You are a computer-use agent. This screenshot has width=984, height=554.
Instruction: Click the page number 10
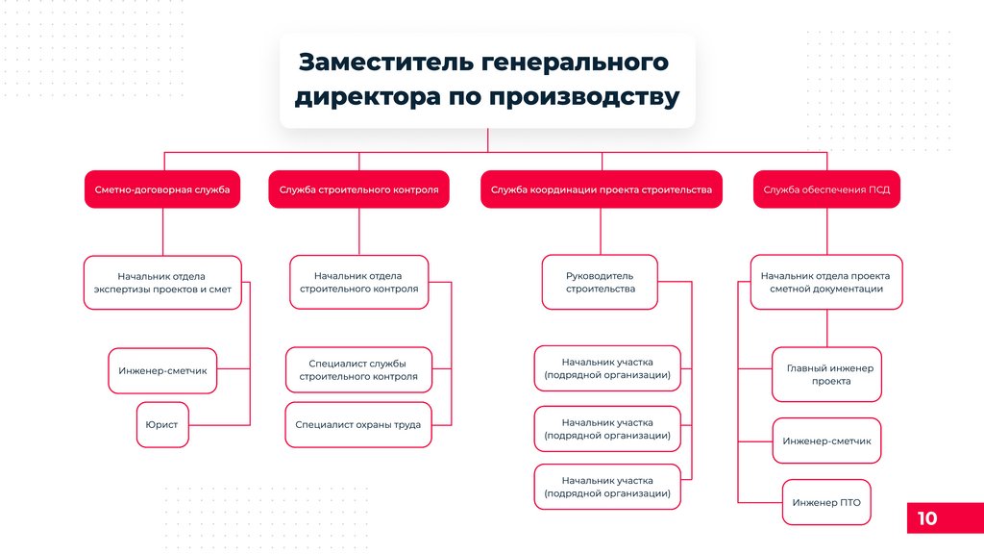point(927,518)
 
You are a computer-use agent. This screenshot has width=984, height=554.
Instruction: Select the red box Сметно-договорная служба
point(162,189)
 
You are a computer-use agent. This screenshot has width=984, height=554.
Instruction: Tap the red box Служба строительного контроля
point(359,189)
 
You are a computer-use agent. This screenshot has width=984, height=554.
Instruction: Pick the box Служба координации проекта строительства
point(602,189)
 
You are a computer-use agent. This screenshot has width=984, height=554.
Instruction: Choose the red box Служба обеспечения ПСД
point(826,189)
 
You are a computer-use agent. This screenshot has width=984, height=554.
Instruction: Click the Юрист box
point(162,424)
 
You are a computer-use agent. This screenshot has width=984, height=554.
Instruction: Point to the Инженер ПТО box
point(826,502)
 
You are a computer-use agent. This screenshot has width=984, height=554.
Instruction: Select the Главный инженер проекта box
point(826,374)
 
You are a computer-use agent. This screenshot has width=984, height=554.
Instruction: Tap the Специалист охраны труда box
point(358,424)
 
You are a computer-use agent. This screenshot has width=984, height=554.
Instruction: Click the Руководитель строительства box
point(600,282)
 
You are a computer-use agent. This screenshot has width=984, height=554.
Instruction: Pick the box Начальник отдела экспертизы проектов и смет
point(162,282)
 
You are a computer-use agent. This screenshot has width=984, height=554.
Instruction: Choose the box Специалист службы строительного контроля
point(358,370)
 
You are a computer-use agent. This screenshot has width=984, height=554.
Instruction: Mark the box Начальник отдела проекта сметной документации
point(826,282)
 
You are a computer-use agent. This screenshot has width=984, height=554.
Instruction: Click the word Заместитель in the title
point(386,63)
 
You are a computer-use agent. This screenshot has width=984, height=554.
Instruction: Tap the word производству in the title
point(584,97)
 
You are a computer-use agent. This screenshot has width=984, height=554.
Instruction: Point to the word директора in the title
point(368,97)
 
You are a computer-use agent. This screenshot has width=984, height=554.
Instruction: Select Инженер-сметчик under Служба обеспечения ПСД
point(826,441)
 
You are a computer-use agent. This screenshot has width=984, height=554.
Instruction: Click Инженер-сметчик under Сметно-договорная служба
point(162,370)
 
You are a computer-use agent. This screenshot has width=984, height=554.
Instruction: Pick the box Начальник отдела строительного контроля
point(359,282)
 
